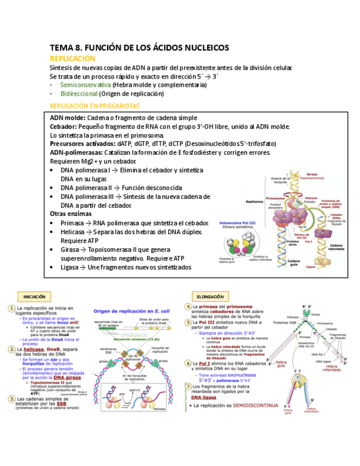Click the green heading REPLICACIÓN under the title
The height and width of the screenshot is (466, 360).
(73, 58)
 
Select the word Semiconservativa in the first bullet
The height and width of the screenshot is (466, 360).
(85, 85)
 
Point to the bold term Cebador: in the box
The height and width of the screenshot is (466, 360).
(63, 126)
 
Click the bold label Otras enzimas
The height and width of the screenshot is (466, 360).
(71, 214)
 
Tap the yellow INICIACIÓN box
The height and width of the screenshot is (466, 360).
(35, 296)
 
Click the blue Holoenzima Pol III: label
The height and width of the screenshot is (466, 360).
(240, 224)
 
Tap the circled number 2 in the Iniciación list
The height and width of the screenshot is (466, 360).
(11, 349)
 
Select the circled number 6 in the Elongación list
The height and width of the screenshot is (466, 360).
(188, 363)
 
